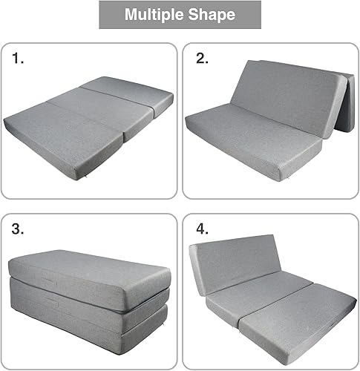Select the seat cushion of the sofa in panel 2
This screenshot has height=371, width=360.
[252, 141]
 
